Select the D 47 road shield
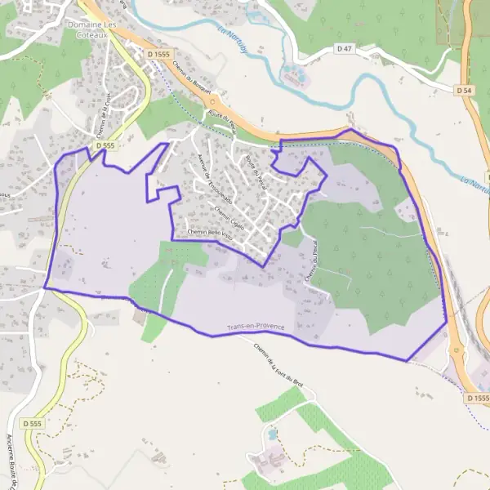pyautogui.click(x=345, y=50)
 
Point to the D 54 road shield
pyautogui.click(x=465, y=89)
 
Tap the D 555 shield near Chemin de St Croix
pyautogui.click(x=103, y=145)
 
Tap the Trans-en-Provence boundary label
pyautogui.click(x=256, y=327)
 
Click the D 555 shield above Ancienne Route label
pyautogui.click(x=32, y=424)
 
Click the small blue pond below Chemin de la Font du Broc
pyautogui.click(x=272, y=434)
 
